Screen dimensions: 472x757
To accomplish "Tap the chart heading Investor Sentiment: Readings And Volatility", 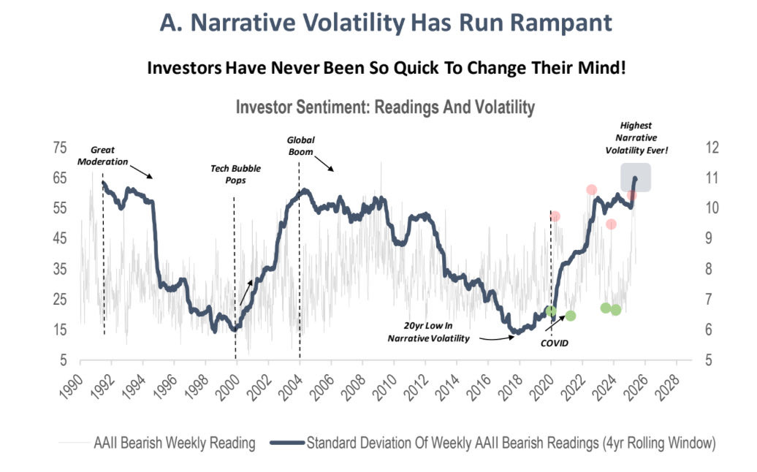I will pos(385,108).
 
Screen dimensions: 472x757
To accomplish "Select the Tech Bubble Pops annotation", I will pos(235,173).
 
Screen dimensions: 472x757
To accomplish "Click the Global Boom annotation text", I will pos(300,145).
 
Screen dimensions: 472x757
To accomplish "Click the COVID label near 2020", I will pos(554,342).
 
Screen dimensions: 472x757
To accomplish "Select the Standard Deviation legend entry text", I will pos(510,443).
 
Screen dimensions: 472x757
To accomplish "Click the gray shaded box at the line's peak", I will pos(636,178).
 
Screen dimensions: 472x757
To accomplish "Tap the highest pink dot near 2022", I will pos(591,190).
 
